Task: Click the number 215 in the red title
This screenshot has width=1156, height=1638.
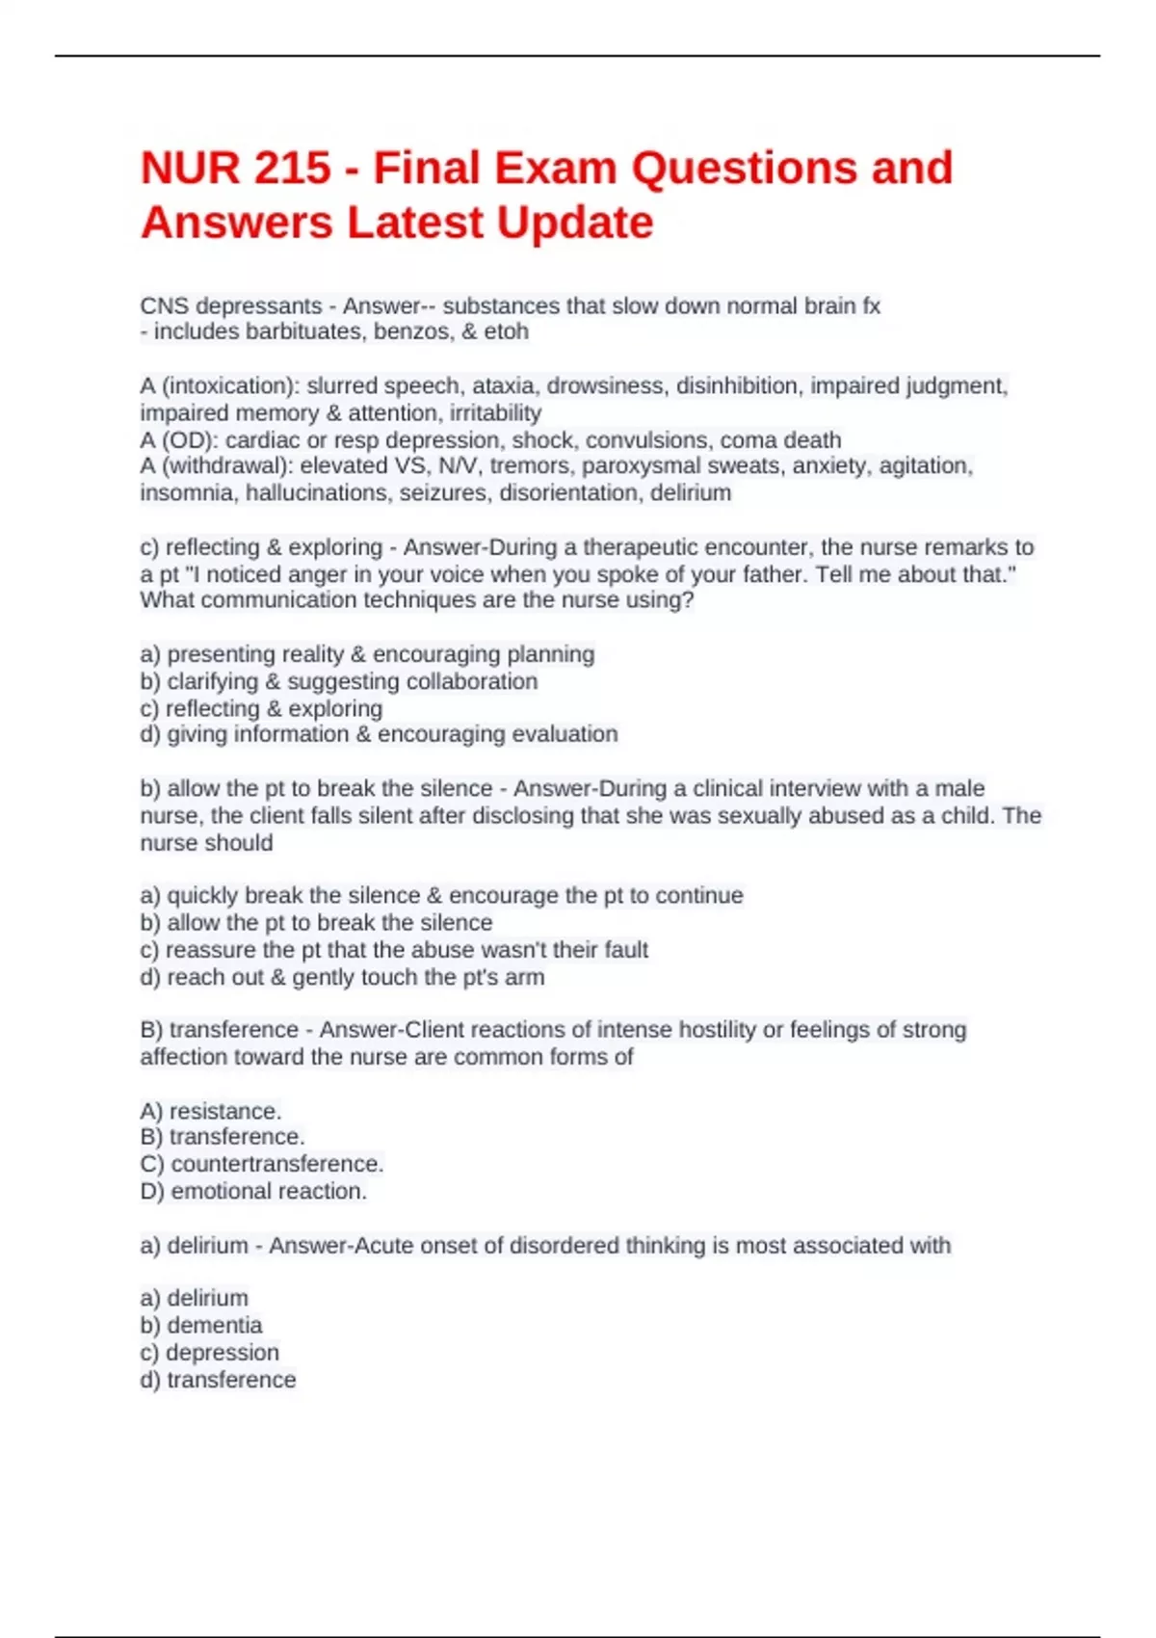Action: click(x=292, y=169)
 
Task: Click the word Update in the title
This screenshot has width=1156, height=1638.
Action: click(x=575, y=223)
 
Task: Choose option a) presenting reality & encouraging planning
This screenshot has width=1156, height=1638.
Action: click(x=367, y=654)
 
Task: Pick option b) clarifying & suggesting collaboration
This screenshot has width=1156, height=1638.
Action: click(x=339, y=681)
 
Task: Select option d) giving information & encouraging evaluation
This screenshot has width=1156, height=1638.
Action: click(x=379, y=734)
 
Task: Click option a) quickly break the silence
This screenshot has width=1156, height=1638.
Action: click(x=441, y=895)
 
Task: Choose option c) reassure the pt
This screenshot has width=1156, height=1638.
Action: click(x=394, y=950)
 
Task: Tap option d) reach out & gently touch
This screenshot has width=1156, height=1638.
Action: click(x=342, y=977)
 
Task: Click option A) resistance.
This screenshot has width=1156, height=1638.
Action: click(x=211, y=1111)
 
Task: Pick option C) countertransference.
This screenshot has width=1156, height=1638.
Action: click(x=262, y=1164)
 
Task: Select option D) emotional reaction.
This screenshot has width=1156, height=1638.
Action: click(x=253, y=1191)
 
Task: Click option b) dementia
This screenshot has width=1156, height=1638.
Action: click(x=201, y=1325)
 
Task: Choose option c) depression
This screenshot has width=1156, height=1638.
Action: click(x=210, y=1352)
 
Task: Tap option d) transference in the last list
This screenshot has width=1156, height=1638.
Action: click(x=218, y=1380)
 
